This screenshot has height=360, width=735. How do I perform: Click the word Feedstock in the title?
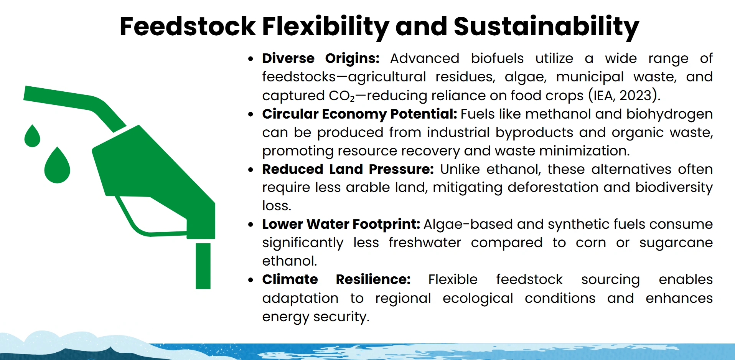[188, 27]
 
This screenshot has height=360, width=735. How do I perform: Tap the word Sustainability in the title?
[546, 27]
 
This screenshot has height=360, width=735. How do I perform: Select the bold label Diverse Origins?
[321, 58]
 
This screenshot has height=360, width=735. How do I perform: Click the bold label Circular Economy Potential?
[359, 114]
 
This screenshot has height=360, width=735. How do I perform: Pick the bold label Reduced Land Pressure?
[348, 169]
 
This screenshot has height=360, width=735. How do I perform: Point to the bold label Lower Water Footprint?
[341, 224]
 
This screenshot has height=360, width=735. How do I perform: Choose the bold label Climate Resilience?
[336, 279]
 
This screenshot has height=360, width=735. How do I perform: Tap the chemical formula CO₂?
[341, 96]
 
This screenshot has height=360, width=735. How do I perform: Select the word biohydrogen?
[669, 114]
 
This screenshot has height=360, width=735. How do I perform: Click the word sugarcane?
[676, 243]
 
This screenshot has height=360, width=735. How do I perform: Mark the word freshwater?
[425, 243]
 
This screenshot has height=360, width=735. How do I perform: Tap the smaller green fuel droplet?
[32, 137]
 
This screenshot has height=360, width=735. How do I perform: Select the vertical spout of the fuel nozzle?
[203, 266]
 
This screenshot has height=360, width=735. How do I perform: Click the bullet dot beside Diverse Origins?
[250, 59]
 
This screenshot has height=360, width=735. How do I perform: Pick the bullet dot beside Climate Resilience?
[250, 280]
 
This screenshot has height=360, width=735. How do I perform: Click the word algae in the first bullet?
[525, 77]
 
